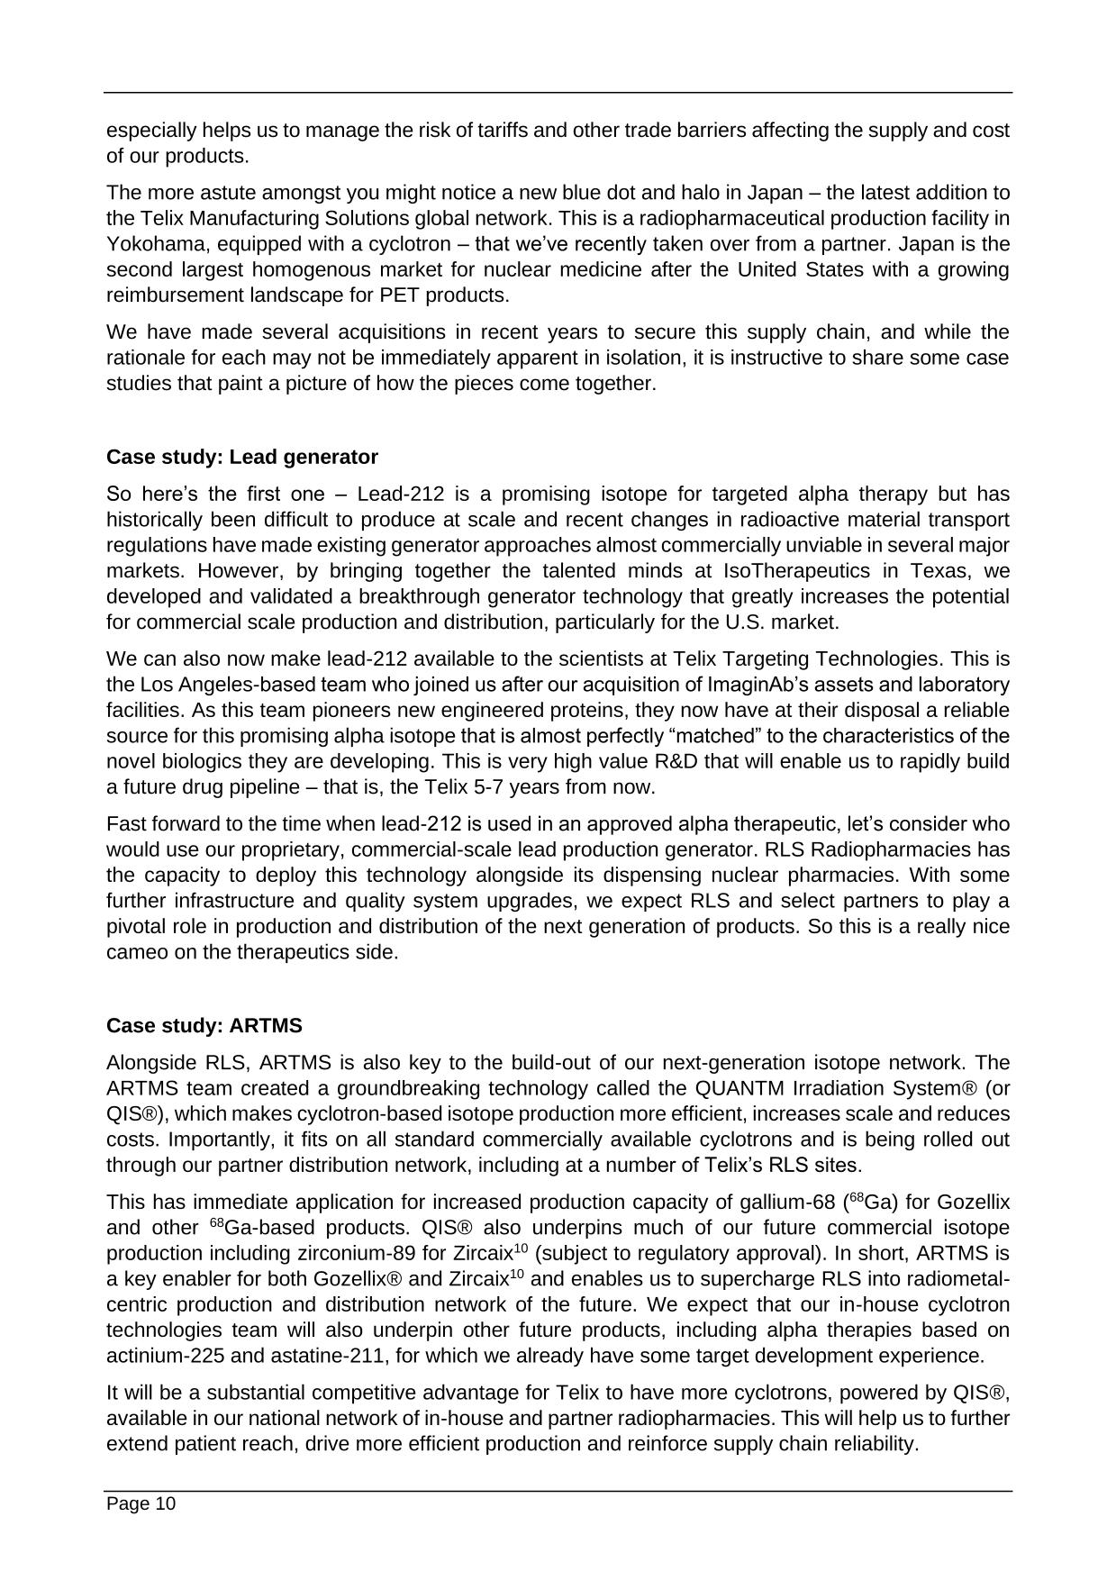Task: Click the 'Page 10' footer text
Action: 141,1503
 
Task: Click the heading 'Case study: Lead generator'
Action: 242,457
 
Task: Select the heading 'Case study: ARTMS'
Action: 204,1026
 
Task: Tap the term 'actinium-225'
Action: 160,1356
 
